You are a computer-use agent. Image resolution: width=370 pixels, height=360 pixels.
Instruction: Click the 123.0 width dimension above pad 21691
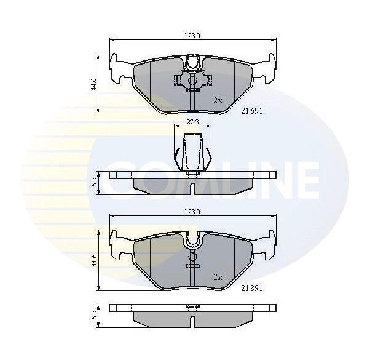(192, 36)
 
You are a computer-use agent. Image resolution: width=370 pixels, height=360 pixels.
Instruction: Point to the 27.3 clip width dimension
(192, 122)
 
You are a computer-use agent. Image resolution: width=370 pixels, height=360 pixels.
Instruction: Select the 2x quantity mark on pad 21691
(218, 100)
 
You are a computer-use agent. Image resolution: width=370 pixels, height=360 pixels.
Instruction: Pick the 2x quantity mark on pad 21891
(218, 277)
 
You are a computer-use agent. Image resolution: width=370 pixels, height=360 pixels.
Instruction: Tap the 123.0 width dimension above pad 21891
(192, 212)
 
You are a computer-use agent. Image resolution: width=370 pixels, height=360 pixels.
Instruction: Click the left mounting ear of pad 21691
(119, 69)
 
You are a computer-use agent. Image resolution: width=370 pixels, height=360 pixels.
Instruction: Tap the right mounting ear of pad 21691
(266, 69)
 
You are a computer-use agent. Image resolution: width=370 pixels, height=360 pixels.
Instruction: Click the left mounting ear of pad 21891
(119, 245)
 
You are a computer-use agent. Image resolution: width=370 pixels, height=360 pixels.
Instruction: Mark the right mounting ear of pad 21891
(266, 245)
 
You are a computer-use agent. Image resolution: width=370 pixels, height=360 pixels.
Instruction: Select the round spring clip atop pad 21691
(192, 62)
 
